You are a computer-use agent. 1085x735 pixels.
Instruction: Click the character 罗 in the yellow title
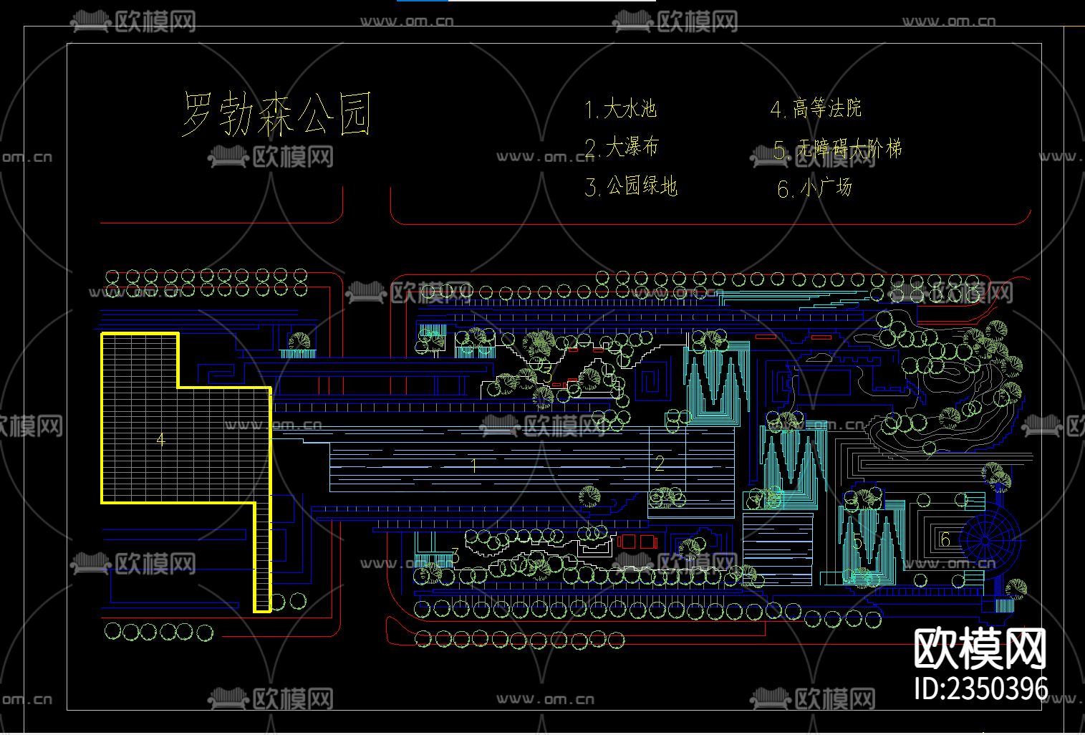(201, 114)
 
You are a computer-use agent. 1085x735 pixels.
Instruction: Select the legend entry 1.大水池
(620, 109)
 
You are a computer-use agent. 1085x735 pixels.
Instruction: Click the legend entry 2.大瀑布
(622, 148)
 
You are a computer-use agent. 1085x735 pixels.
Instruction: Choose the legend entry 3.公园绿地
(631, 187)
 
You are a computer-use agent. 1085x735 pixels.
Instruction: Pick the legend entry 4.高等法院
(816, 109)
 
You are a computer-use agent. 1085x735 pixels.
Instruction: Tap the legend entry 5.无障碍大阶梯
(837, 149)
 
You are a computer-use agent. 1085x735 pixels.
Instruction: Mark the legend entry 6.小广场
(815, 188)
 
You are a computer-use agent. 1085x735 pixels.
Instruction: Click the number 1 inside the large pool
(473, 466)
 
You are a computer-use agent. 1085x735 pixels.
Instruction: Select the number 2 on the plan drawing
(659, 463)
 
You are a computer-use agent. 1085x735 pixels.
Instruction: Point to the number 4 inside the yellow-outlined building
(160, 439)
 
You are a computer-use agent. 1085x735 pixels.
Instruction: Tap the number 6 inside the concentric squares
(945, 539)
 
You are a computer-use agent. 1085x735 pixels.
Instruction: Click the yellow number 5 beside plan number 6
(858, 542)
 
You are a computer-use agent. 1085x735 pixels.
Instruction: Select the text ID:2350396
(982, 689)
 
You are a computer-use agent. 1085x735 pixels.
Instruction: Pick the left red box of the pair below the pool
(626, 542)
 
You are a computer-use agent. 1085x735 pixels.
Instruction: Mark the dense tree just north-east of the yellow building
(300, 341)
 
